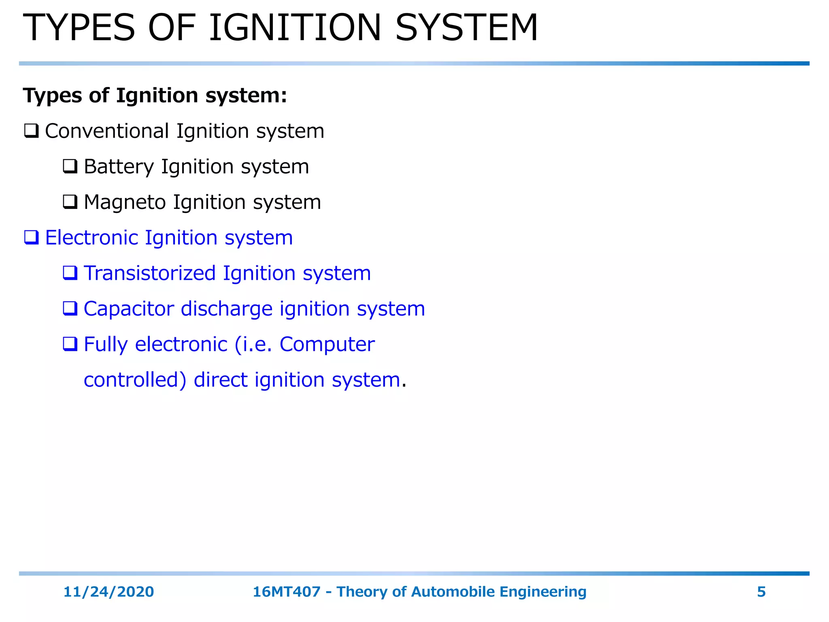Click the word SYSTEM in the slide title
466,28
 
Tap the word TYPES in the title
79,28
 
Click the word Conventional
107,131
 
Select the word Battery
119,167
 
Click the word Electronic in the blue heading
91,238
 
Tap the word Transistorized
150,273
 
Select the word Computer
327,345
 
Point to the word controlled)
135,380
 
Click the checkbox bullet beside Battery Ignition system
70,166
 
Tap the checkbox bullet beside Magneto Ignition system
70,202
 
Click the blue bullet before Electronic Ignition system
31,237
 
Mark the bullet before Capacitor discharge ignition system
70,309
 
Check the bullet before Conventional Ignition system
31,131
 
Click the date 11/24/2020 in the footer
108,592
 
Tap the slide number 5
761,592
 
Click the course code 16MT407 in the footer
287,592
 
